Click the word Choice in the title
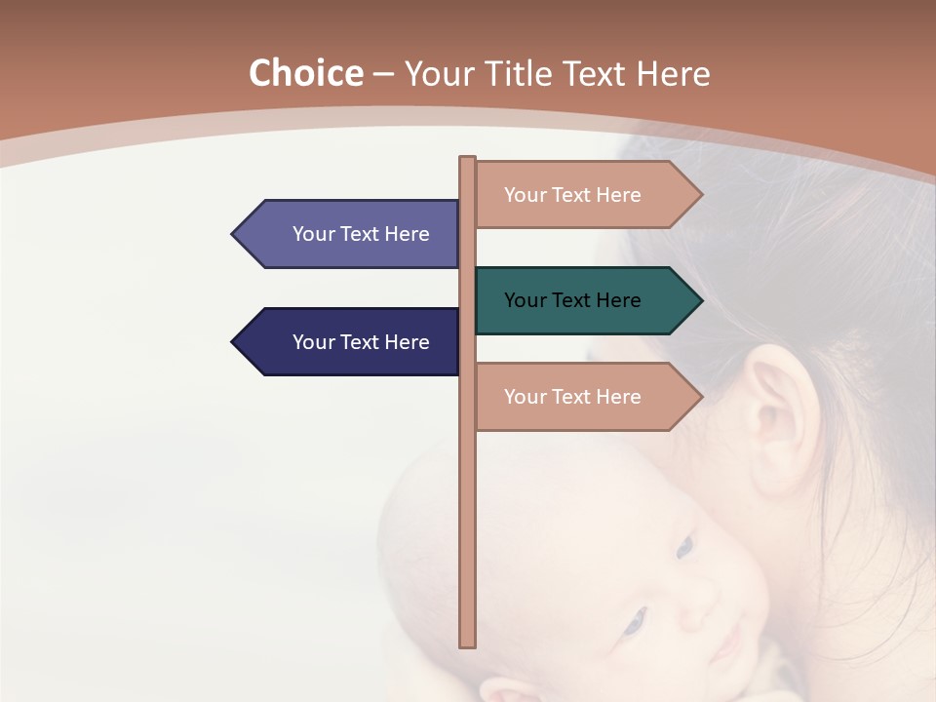coord(305,74)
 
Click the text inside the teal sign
coord(572,300)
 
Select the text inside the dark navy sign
coord(361,342)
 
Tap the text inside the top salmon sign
coord(572,195)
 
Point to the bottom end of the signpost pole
coord(468,643)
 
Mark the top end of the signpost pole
coord(468,159)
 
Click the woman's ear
coord(775,414)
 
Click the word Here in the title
coord(673,74)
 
